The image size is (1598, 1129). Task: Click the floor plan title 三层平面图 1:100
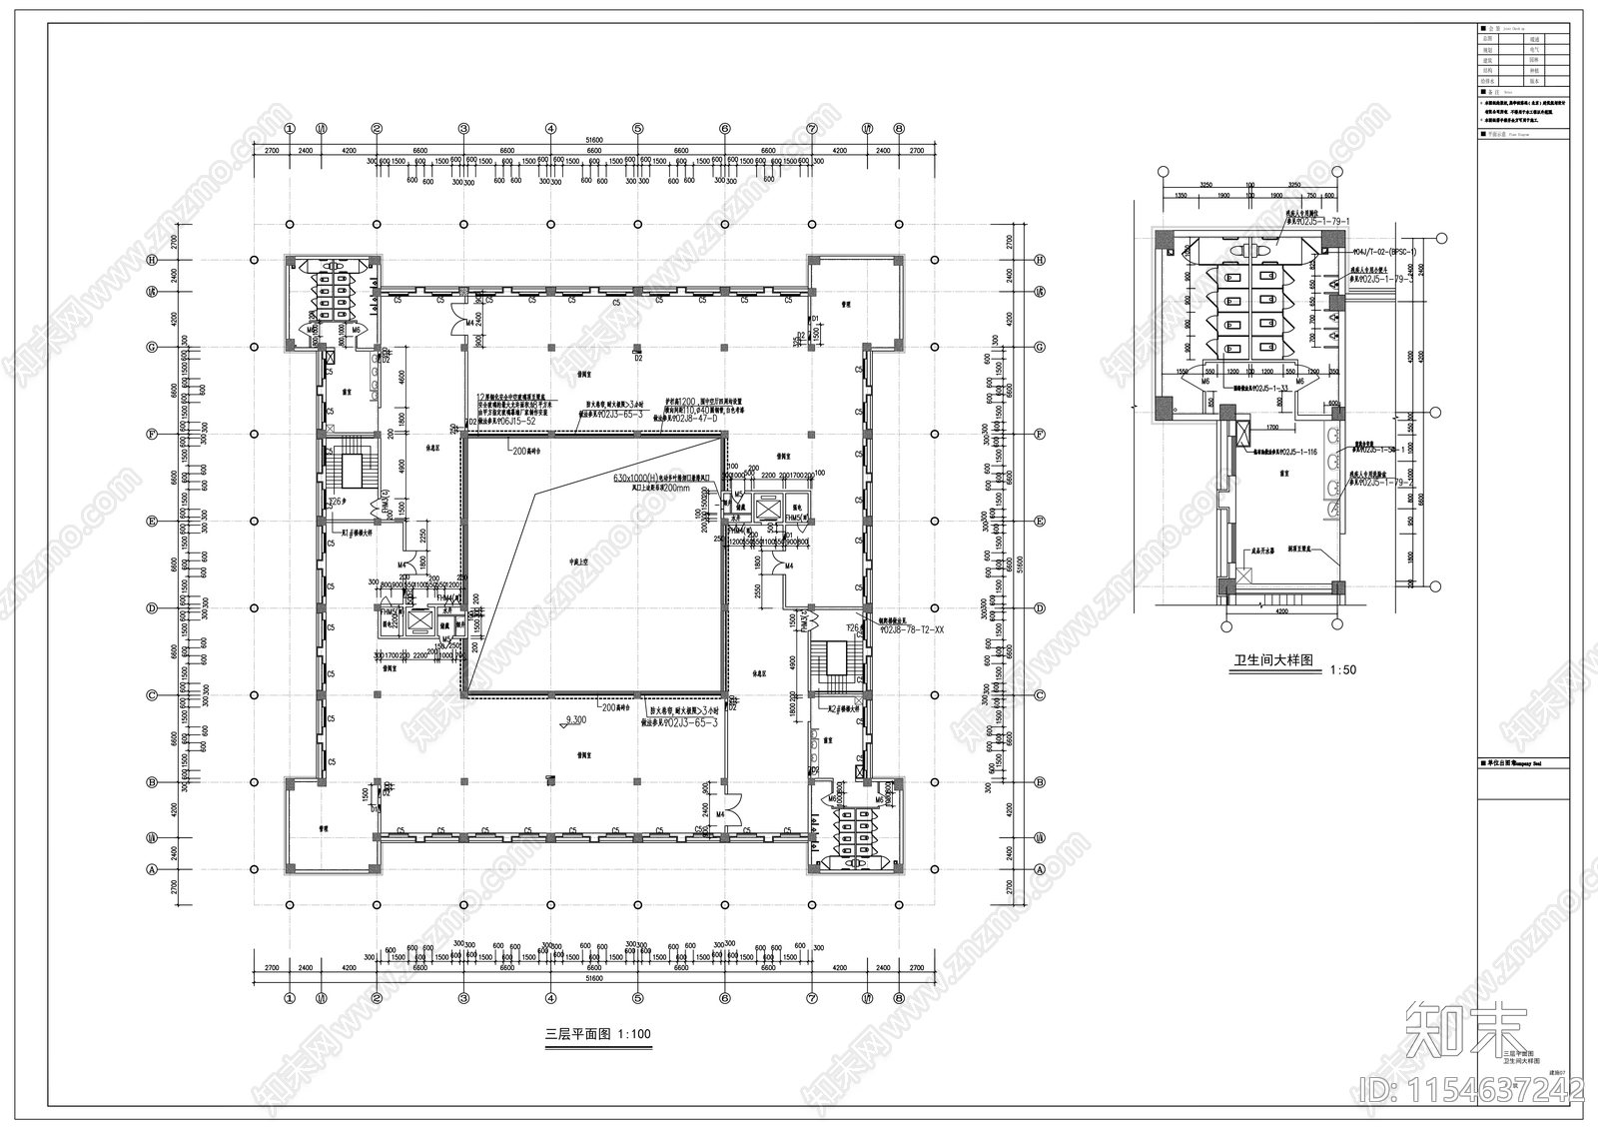tap(596, 1034)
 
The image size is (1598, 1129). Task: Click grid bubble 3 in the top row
tap(463, 128)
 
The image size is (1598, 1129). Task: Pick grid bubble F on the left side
tap(152, 435)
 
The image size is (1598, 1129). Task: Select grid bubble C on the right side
tap(1040, 695)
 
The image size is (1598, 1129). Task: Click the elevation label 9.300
tap(575, 719)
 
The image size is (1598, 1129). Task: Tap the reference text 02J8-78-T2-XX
tap(913, 630)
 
